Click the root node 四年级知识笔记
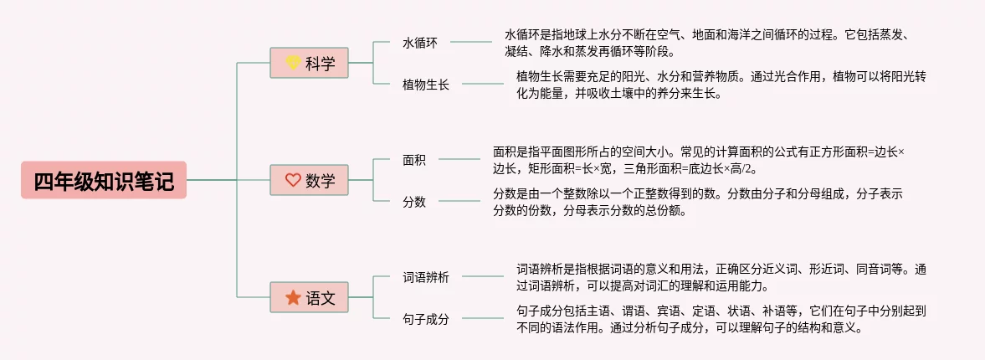click(x=104, y=180)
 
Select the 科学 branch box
click(x=309, y=63)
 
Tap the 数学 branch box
click(x=309, y=180)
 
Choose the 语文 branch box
click(x=309, y=297)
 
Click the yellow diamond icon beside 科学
click(x=293, y=62)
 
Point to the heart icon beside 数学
click(x=293, y=180)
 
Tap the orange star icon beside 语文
click(x=293, y=297)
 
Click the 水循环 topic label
click(x=420, y=43)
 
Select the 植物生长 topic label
click(x=426, y=85)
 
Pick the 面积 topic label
click(x=414, y=160)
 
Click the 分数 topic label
click(x=414, y=202)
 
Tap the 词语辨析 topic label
click(x=426, y=277)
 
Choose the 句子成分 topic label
click(x=426, y=318)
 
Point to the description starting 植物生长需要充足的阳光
click(x=721, y=85)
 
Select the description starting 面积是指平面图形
click(x=702, y=160)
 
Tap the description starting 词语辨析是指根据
click(x=721, y=277)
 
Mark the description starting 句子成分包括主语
click(x=721, y=319)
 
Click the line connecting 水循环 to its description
click(x=471, y=42)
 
